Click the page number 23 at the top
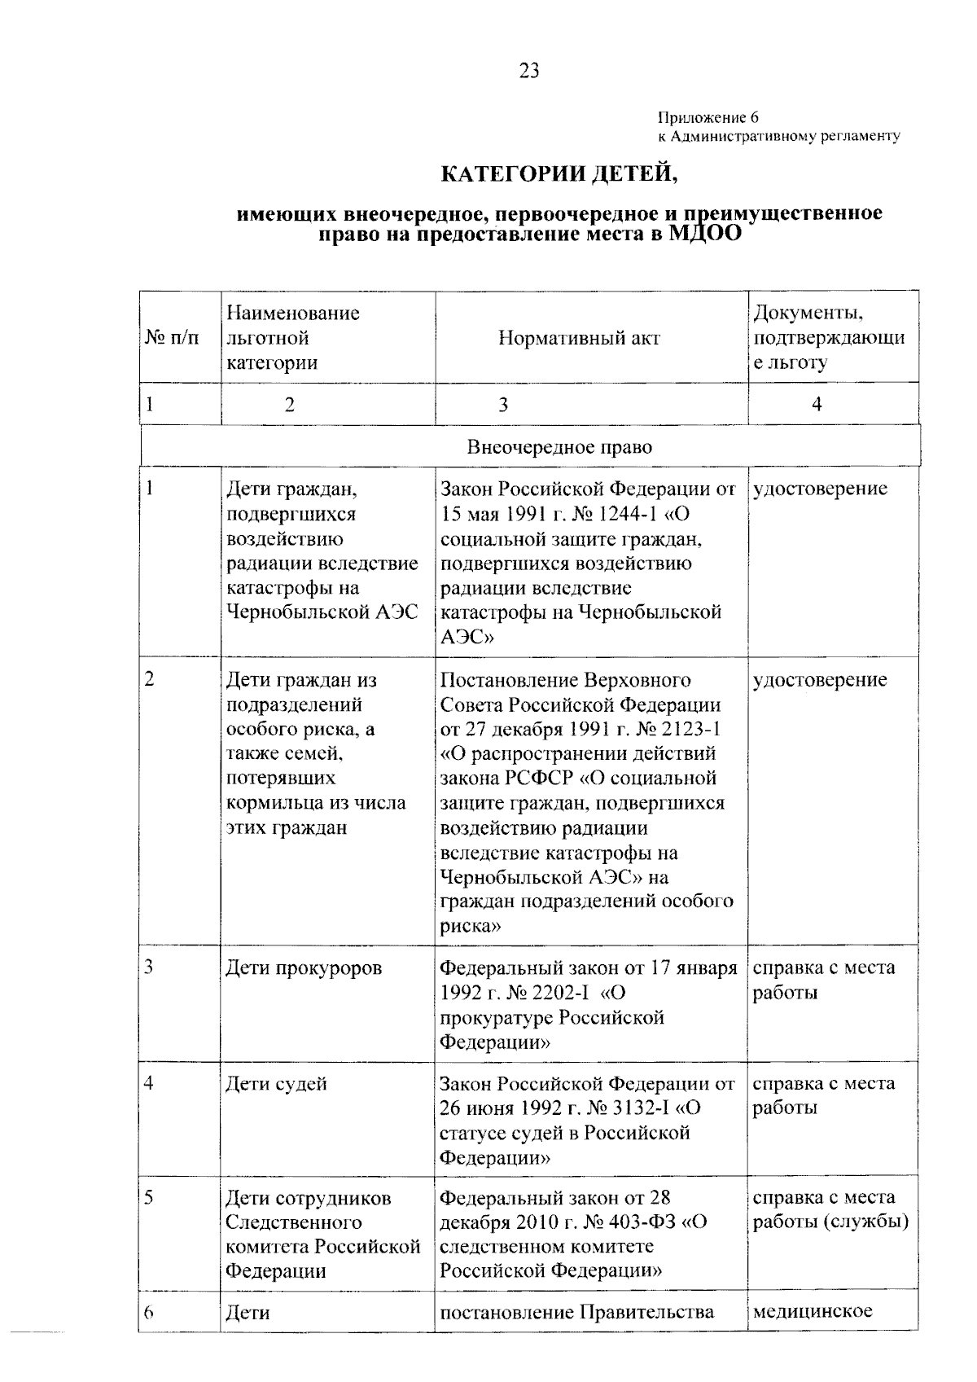tap(528, 72)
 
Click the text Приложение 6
tap(708, 118)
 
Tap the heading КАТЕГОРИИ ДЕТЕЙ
tap(559, 173)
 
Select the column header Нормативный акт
tap(579, 338)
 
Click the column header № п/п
tap(172, 338)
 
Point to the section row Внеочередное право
tap(559, 447)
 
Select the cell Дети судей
tap(276, 1084)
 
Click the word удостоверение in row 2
tap(820, 680)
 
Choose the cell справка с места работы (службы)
tap(830, 1210)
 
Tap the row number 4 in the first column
tap(150, 1083)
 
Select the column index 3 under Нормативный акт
tap(502, 404)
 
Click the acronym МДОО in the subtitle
tap(705, 234)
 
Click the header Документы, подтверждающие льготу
tap(828, 338)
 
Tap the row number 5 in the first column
tap(150, 1197)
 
